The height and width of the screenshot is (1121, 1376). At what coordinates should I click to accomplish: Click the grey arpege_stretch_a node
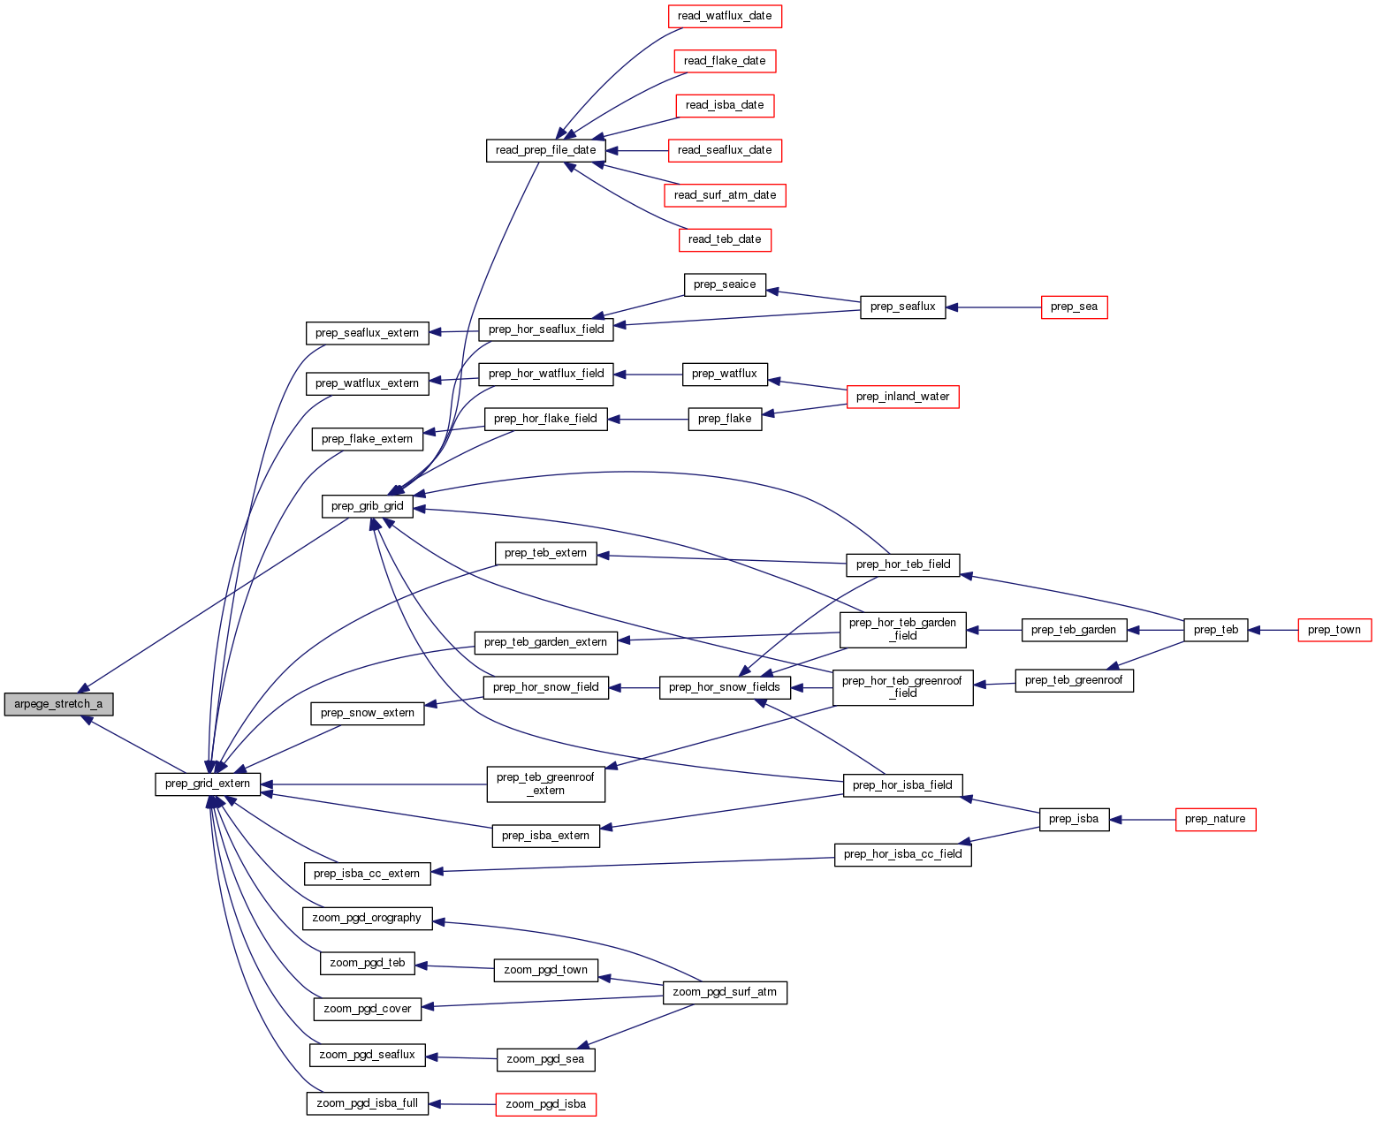pos(58,705)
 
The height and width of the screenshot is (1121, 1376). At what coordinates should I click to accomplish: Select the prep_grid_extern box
pos(208,784)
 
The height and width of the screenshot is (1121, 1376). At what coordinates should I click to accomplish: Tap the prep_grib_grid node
pos(367,506)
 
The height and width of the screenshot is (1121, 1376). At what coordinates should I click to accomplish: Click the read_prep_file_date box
pos(545,150)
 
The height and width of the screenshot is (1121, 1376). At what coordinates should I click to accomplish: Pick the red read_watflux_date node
pos(724,16)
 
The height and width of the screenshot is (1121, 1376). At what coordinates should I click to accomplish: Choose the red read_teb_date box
pos(724,239)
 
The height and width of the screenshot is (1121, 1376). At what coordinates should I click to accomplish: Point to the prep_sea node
pos(1074,307)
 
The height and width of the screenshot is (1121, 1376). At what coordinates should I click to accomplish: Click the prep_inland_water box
pos(902,397)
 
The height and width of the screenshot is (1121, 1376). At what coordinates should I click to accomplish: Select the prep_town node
pos(1334,630)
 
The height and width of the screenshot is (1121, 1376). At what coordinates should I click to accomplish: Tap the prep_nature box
pos(1214,820)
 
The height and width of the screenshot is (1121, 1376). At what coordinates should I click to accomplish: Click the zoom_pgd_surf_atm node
pos(724,992)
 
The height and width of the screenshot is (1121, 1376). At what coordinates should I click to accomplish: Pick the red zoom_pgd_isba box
pos(545,1104)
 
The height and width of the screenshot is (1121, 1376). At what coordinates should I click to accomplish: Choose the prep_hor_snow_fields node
pos(724,687)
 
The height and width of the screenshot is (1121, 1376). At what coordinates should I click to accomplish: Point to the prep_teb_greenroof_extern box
pos(545,784)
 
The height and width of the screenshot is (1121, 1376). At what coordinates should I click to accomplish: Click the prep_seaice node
pos(724,284)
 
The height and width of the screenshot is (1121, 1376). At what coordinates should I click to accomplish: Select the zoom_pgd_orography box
pos(367,918)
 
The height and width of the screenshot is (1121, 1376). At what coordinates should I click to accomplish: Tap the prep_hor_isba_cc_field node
pos(902,854)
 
